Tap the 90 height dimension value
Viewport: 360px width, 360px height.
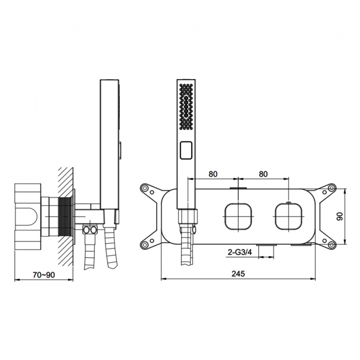(340, 217)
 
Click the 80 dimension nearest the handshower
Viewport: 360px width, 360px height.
(213, 173)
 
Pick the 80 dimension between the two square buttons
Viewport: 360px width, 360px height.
(263, 173)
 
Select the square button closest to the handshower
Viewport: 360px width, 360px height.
(238, 216)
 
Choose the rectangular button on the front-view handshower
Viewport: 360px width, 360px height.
(186, 149)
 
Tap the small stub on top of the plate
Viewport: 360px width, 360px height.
(238, 189)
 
